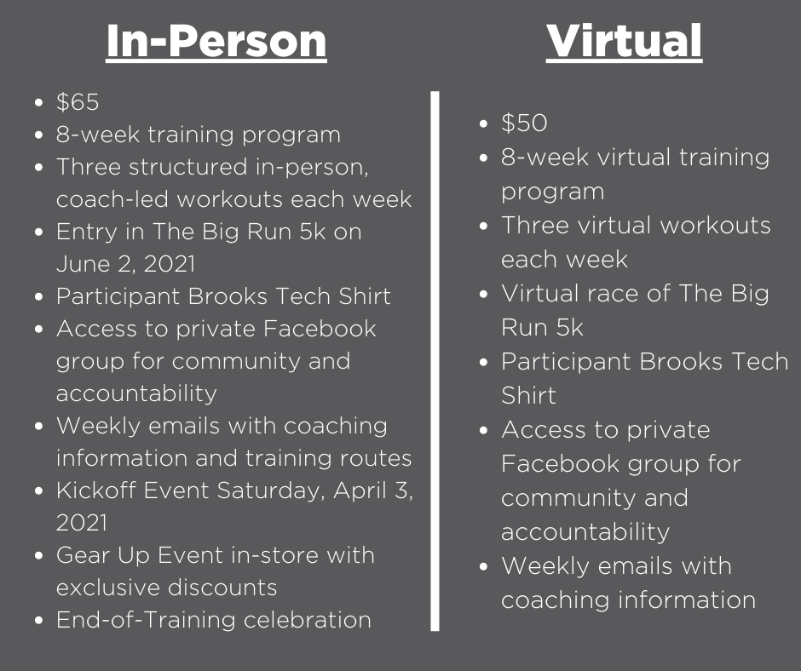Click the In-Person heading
216,41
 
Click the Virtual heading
624,41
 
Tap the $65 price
78,101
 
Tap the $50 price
524,123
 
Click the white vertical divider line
435,361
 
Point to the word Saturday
271,491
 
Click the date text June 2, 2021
125,264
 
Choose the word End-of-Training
146,620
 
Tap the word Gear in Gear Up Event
83,555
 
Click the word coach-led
112,199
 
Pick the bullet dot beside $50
484,123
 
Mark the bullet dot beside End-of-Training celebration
39,621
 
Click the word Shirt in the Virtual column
528,395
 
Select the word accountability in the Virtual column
585,531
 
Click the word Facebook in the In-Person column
320,329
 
